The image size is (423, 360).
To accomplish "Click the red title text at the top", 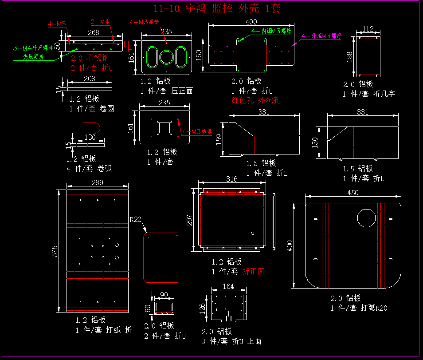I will click(x=217, y=8).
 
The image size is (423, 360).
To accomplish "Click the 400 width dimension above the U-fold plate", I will click(x=251, y=22).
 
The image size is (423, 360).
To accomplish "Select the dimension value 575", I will click(x=55, y=251).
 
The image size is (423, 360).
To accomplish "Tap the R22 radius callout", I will click(x=135, y=219).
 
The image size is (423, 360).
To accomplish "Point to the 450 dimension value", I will click(x=353, y=193).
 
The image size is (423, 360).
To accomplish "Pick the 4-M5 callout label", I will click(x=57, y=24).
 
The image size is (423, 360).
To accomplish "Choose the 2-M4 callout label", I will click(x=100, y=21).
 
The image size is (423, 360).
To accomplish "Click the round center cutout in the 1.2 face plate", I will click(x=166, y=57).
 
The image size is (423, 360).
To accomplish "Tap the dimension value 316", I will click(x=231, y=179).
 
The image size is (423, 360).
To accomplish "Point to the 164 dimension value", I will click(x=228, y=287).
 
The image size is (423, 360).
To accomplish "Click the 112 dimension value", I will click(x=368, y=29).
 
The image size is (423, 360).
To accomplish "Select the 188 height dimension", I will click(x=349, y=56).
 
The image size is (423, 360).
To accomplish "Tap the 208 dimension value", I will click(x=89, y=79).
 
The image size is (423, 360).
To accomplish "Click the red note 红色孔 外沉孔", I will click(x=256, y=100).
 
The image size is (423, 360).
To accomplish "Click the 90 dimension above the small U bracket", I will click(x=164, y=295).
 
